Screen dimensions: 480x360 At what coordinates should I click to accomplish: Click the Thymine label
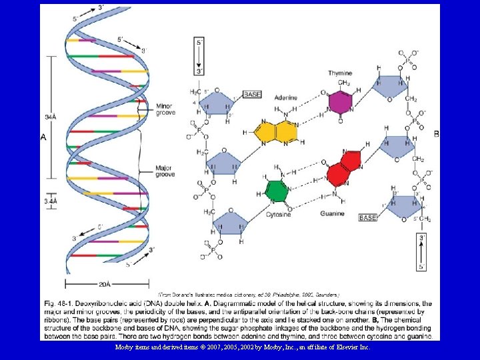pos(340,73)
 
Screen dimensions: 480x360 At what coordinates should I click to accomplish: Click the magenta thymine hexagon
pos(340,103)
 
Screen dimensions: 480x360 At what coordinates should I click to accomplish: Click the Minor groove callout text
pos(165,109)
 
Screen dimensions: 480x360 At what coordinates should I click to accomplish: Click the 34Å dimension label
pos(51,117)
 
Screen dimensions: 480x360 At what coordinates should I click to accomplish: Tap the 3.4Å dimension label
pos(51,200)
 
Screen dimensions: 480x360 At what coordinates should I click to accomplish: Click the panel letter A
pos(43,137)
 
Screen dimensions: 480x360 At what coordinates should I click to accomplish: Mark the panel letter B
pos(436,134)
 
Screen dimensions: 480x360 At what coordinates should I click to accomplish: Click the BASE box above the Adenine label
pos(252,95)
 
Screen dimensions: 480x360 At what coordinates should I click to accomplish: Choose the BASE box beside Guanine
pos(369,217)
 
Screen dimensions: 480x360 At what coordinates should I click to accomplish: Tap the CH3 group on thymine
pos(344,83)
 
